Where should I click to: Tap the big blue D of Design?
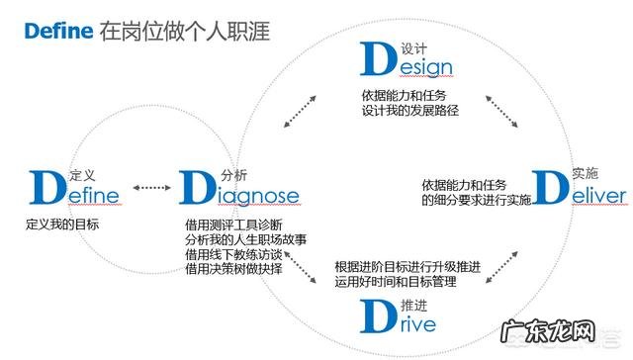point(379,59)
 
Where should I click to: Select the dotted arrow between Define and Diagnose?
point(151,188)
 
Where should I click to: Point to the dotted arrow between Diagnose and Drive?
point(297,265)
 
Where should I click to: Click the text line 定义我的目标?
point(63,225)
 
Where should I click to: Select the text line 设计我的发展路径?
point(409,111)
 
